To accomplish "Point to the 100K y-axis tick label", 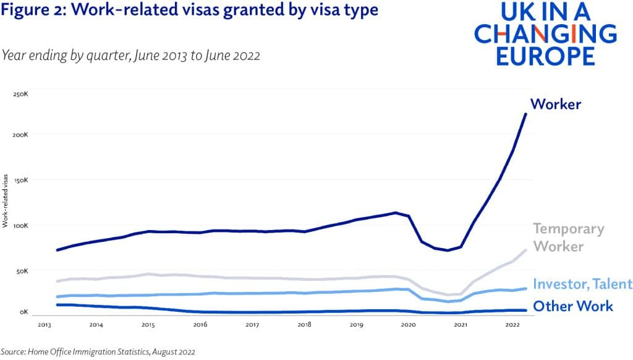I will pos(21,225).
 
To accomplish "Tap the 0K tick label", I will pos(23,312).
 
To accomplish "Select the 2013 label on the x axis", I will pos(44,324).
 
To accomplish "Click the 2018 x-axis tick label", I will pos(304,324).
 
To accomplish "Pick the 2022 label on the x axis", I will pos(512,324).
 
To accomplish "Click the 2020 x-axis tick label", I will pos(408,324).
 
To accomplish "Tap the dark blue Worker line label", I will pos(555,104).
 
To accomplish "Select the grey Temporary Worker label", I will pos(568,237).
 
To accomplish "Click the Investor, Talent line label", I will pos(582,284).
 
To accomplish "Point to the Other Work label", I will pos(572,306).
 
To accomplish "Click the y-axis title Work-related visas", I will pos(6,201).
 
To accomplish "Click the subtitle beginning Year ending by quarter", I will pos(130,55).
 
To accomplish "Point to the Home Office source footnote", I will pos(98,351).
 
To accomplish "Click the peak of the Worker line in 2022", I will pos(525,114).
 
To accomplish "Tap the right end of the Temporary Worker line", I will pos(525,250).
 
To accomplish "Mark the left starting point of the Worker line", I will pos(57,250).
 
